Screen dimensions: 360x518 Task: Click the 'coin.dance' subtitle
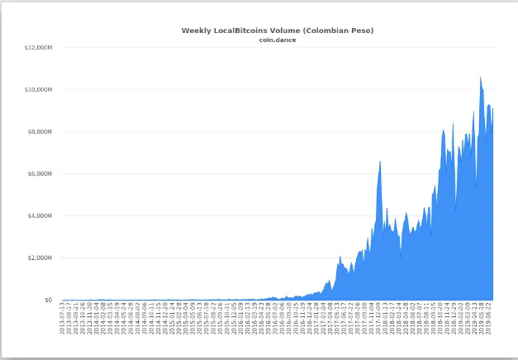pos(278,40)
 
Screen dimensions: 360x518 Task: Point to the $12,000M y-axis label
pos(39,47)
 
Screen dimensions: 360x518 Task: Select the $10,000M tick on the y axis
pos(39,89)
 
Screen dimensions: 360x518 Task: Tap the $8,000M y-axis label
pos(40,131)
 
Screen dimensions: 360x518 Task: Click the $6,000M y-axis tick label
pos(40,173)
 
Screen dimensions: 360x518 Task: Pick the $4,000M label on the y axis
pos(40,216)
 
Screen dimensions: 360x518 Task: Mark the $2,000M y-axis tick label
pos(40,258)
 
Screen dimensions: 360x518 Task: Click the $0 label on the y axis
pos(49,300)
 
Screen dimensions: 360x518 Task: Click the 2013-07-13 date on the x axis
pos(64,318)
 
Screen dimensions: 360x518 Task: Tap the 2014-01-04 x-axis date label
pos(97,318)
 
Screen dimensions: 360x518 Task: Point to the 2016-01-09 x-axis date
pos(240,318)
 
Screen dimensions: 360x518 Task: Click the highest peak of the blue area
pos(480,78)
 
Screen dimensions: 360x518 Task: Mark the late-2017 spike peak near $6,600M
pos(379,161)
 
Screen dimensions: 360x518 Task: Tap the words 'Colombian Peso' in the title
pos(339,31)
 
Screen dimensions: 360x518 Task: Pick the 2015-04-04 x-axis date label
pos(186,318)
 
